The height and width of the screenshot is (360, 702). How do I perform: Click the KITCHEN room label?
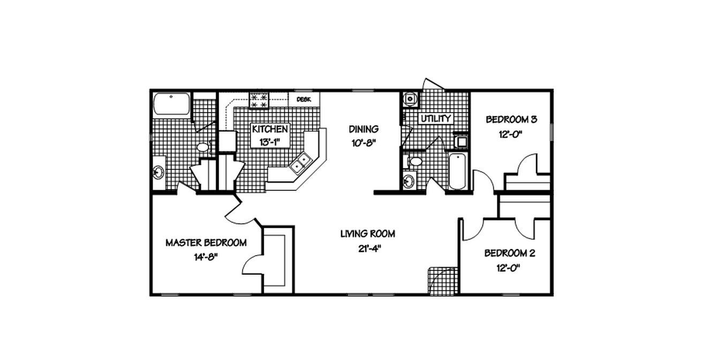tap(270, 129)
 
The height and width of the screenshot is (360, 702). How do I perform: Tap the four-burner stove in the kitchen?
tap(260, 101)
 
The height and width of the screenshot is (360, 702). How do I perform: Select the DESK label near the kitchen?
tap(304, 100)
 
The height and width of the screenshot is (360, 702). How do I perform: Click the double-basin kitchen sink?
tap(299, 163)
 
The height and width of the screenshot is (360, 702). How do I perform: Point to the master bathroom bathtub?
tap(171, 104)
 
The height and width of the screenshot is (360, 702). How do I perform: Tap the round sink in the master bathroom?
tap(158, 172)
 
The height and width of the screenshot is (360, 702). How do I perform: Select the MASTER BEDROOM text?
tap(206, 243)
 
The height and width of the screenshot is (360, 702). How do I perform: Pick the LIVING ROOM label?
tap(368, 234)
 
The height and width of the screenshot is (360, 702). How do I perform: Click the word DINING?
tap(364, 129)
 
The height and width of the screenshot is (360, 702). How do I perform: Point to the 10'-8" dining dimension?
tap(364, 143)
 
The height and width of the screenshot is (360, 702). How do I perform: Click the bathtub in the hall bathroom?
tap(457, 170)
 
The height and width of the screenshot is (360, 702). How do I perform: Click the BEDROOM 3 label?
tap(511, 119)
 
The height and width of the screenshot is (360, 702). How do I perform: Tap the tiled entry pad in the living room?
tap(443, 280)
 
